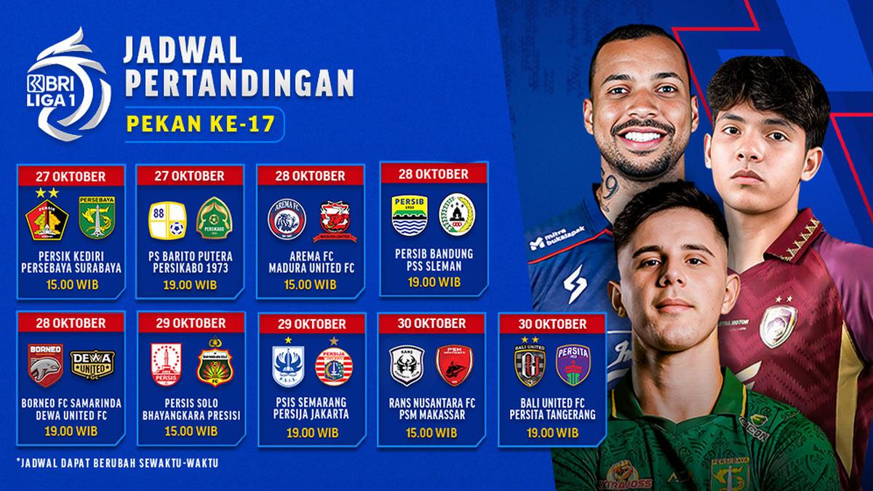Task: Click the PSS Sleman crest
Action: tap(458, 212)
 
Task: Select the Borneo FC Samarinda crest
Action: tap(44, 364)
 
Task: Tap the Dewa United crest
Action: tap(92, 364)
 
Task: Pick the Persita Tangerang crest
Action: tap(573, 364)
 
